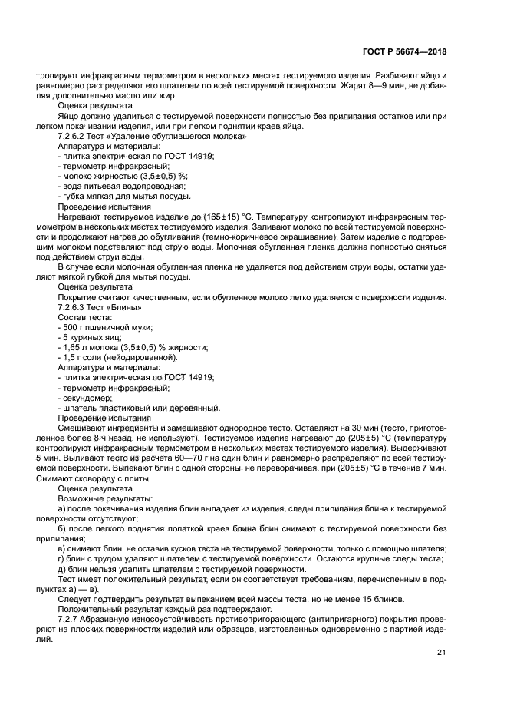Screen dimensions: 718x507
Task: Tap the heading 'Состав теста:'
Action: coord(85,317)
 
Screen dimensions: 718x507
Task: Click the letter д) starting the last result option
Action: coord(62,568)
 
